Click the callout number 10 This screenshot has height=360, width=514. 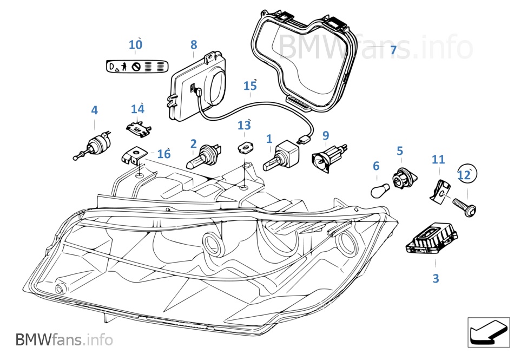click(135, 44)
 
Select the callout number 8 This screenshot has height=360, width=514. click(194, 45)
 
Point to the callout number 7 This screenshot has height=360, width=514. click(393, 50)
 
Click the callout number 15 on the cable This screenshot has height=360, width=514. click(250, 86)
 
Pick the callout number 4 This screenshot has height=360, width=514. click(95, 110)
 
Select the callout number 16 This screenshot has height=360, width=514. click(163, 154)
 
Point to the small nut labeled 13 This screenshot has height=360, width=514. click(245, 146)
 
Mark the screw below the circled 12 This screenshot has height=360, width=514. click(464, 207)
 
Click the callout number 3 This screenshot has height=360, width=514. click(436, 279)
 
